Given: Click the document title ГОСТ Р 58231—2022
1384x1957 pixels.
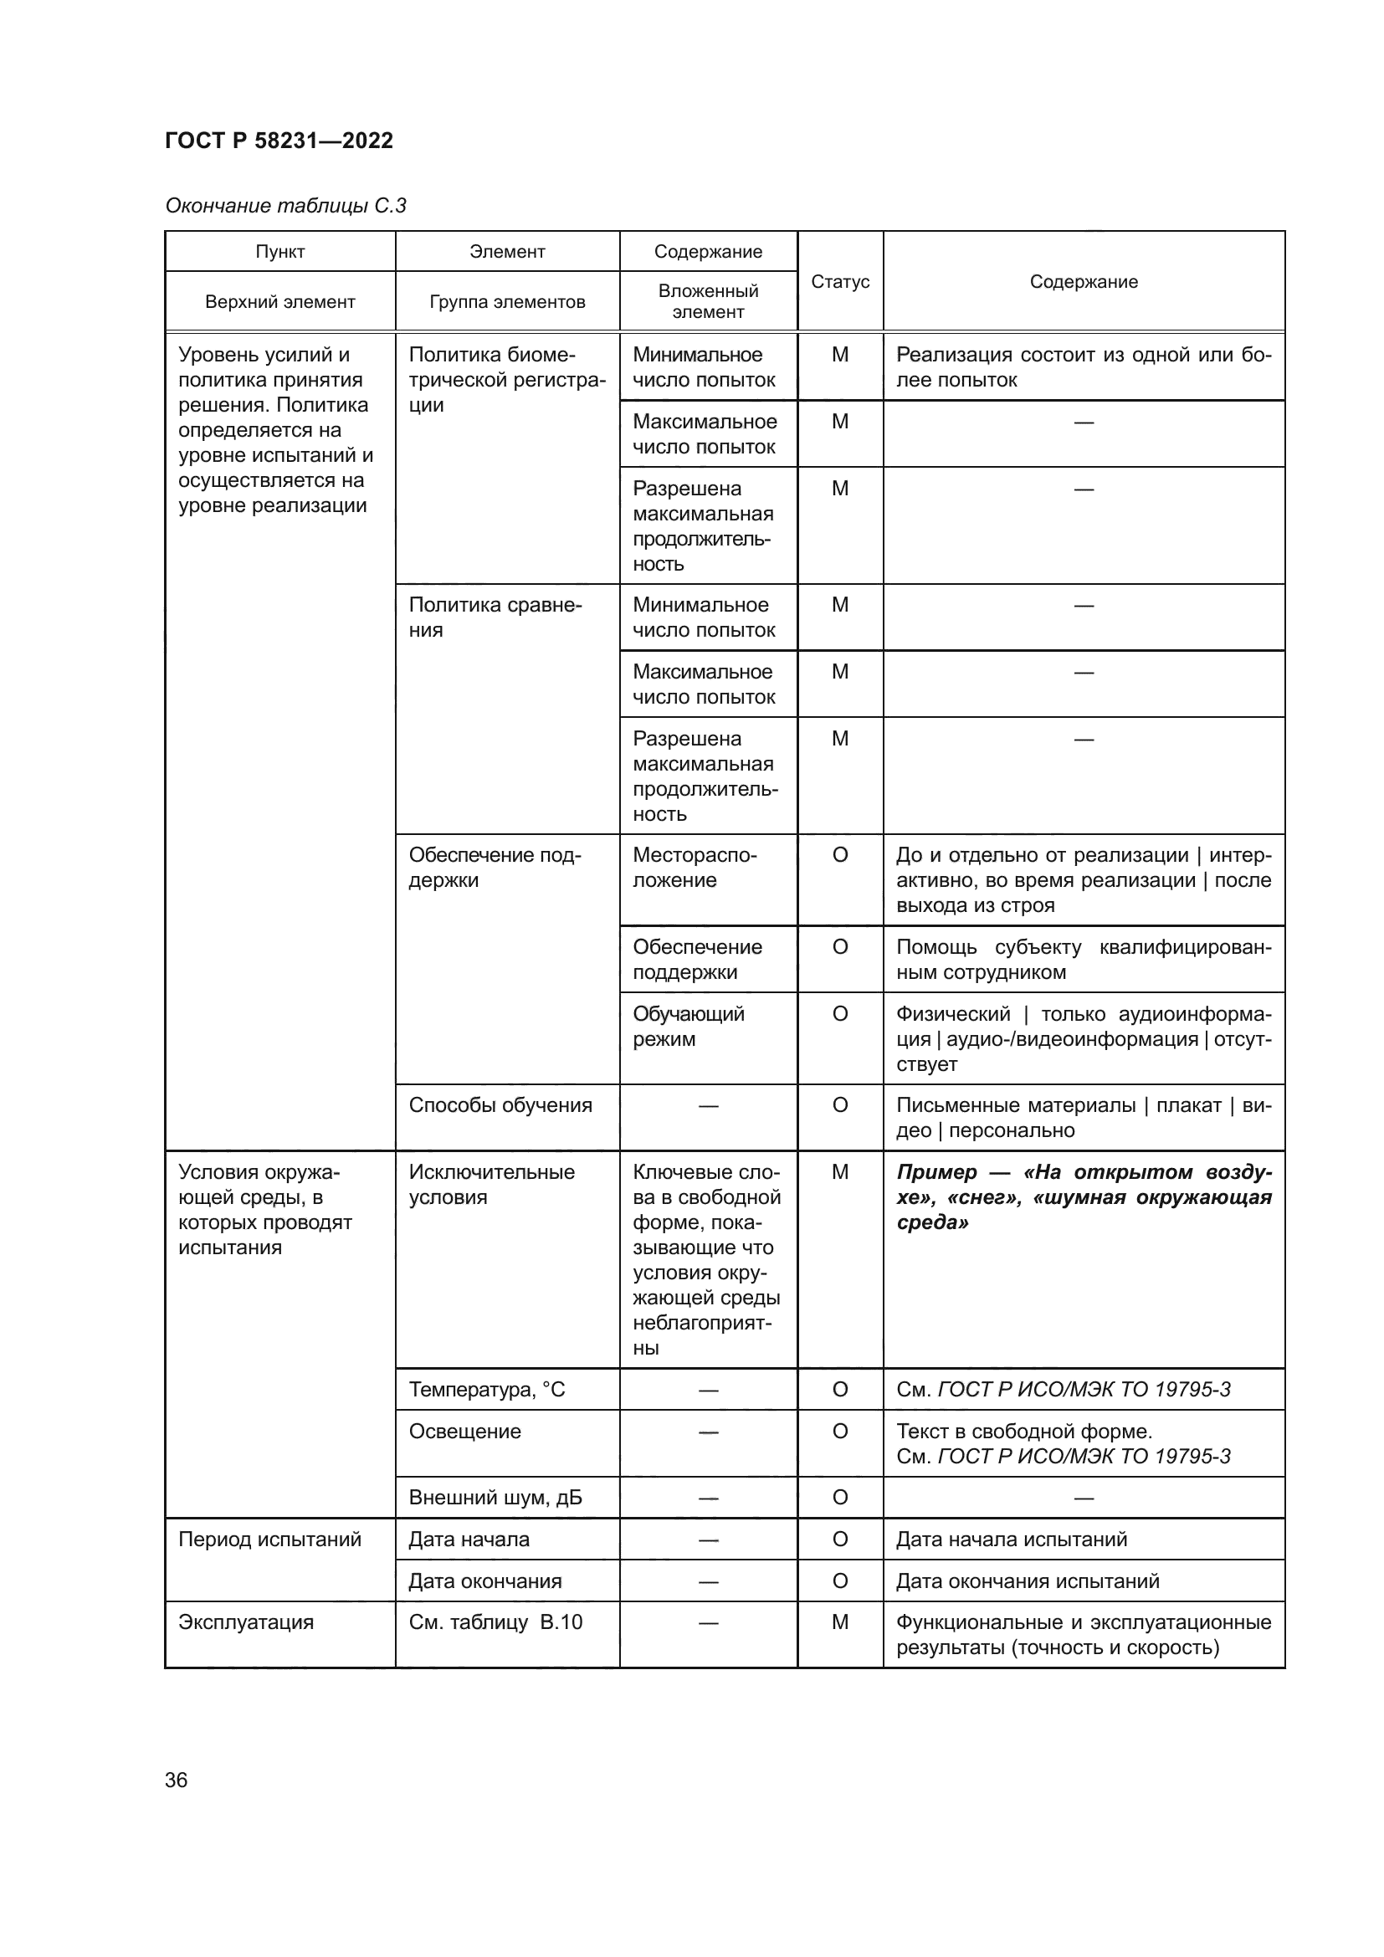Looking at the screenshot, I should point(279,141).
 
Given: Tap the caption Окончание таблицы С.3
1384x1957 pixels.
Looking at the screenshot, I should point(285,206).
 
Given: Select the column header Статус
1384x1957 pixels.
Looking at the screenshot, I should point(839,281).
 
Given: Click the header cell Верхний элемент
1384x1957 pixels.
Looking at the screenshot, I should point(279,302).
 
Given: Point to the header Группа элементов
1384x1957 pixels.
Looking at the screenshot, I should point(507,302).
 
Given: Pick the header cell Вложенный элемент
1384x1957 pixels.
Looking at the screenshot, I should point(707,301).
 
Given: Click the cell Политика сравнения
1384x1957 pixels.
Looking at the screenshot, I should point(495,617).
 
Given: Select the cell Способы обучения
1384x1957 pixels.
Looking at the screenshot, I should point(500,1105).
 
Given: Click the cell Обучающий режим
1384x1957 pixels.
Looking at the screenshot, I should point(688,1027).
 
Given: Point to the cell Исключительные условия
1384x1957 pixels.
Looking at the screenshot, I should point(492,1184).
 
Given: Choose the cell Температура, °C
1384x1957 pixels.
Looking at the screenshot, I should point(487,1390).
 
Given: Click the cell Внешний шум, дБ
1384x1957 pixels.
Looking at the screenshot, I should point(495,1498).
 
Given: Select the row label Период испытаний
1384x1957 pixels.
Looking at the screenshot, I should point(269,1539).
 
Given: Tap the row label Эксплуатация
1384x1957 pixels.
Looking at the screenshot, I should point(245,1622).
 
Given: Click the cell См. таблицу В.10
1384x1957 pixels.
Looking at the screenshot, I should point(495,1622).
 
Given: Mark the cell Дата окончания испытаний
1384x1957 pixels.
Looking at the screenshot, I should point(1027,1581).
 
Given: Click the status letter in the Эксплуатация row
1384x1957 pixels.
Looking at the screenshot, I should point(839,1622).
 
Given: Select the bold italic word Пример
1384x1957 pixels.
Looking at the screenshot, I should point(935,1172).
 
